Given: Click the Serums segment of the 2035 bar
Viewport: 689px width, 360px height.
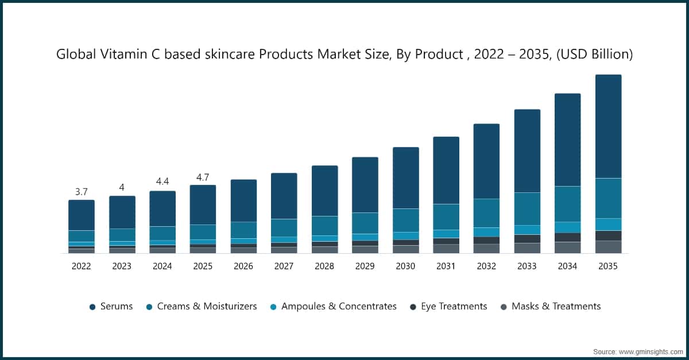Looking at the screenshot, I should [608, 126].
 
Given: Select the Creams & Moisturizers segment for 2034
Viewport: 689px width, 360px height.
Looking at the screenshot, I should [567, 204].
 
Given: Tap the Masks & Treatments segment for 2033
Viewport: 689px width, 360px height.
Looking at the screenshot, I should [527, 248].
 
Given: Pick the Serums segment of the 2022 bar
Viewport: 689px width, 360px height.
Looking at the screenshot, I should [82, 215].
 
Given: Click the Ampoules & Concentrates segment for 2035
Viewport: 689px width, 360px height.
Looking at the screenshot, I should [608, 224].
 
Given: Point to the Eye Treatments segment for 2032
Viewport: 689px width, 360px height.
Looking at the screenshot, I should [486, 241].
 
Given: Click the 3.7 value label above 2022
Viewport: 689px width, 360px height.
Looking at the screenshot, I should [82, 191].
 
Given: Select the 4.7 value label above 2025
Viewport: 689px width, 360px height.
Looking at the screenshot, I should [203, 177].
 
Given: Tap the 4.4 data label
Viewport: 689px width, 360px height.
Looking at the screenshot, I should [162, 182].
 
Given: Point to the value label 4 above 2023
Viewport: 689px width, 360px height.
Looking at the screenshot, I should [122, 187].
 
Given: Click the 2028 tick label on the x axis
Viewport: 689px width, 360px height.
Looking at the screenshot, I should [324, 266].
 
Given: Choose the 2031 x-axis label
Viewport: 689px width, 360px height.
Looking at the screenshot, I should [446, 266].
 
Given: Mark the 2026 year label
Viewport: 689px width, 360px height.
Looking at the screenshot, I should [243, 266].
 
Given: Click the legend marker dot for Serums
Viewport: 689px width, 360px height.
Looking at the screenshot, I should [92, 307].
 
